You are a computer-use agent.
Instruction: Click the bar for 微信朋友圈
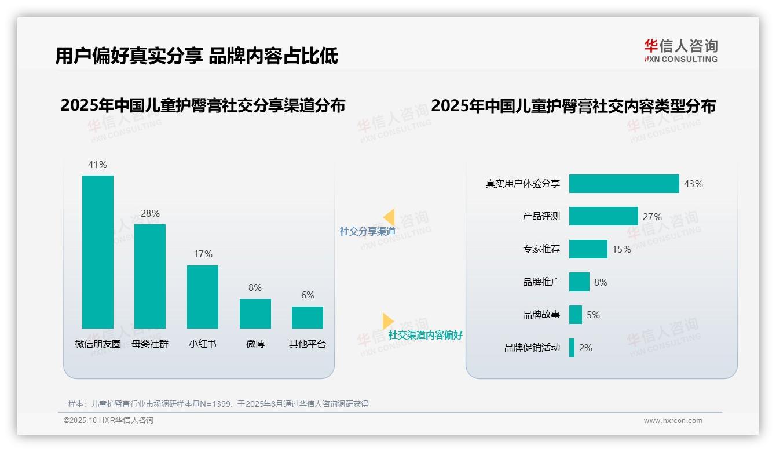tap(98, 252)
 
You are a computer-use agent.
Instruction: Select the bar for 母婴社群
tap(150, 276)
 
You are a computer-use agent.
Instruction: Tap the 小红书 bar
tap(203, 297)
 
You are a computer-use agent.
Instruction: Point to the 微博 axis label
tap(255, 344)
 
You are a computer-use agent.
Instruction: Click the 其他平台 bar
tap(308, 318)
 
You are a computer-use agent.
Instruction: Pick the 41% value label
tap(97, 165)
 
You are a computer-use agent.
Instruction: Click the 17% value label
tap(203, 254)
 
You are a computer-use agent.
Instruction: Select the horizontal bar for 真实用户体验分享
tap(624, 184)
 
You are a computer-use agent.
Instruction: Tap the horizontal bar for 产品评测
tap(603, 216)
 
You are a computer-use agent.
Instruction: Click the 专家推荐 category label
tap(541, 249)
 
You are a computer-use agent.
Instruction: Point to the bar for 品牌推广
tap(579, 282)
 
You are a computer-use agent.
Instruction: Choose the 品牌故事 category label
tap(541, 315)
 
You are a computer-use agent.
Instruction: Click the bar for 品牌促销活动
tap(572, 348)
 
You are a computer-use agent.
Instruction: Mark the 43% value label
tap(693, 184)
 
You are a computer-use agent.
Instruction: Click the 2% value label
tap(585, 348)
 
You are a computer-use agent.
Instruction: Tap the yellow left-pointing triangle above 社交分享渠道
tap(389, 217)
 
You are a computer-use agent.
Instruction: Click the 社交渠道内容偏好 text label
tap(425, 335)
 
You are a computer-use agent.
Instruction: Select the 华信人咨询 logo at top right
tap(680, 50)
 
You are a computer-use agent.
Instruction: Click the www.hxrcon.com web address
tap(673, 421)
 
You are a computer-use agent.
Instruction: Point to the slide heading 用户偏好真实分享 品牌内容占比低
tap(197, 56)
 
